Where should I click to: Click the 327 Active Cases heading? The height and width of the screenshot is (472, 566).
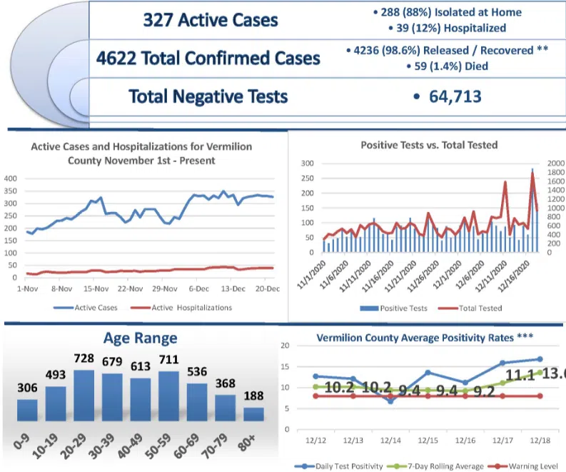coord(210,19)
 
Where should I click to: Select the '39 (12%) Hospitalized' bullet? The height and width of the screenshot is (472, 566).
coord(449,28)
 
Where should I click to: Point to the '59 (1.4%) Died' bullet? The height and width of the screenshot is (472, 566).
coord(449,66)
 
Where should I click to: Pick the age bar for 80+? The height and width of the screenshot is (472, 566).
coord(253,414)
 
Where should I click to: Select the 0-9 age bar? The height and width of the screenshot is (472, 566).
coord(27,410)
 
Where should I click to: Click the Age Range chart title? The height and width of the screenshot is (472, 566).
coord(140,338)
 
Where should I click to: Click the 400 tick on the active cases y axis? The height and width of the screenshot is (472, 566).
coord(10,179)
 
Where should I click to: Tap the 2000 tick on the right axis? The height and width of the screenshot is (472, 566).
coord(555,164)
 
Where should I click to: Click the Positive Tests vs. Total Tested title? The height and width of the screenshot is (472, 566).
coord(429,145)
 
